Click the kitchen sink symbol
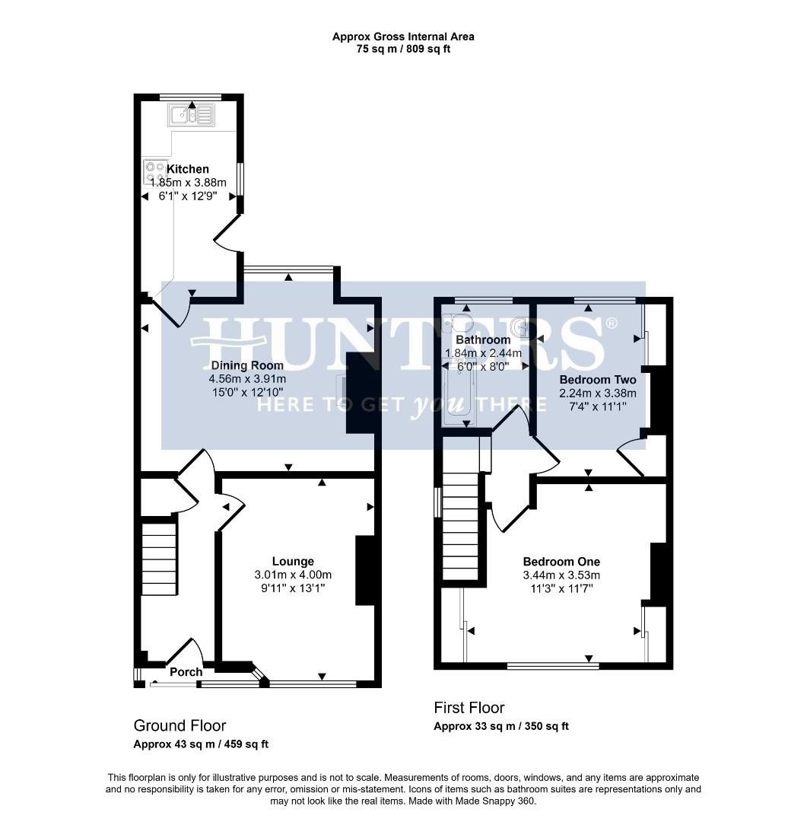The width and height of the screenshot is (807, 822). (x=192, y=116)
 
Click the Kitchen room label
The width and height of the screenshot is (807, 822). (x=188, y=169)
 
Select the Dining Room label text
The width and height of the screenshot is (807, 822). (x=248, y=365)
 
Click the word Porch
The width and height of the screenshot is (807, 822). (x=186, y=671)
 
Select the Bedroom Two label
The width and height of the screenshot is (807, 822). (x=598, y=379)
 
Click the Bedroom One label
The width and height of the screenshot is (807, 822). (x=561, y=562)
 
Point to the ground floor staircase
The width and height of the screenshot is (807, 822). (x=160, y=556)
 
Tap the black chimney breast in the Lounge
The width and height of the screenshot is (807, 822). (x=365, y=571)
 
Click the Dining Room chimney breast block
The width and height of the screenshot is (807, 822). (x=359, y=393)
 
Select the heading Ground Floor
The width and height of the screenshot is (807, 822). (x=180, y=725)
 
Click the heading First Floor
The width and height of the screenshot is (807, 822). (x=469, y=708)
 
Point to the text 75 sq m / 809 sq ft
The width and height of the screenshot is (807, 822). (x=403, y=49)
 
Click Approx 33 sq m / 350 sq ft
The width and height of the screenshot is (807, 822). (x=500, y=726)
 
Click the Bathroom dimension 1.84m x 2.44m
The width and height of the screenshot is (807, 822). (x=483, y=352)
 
